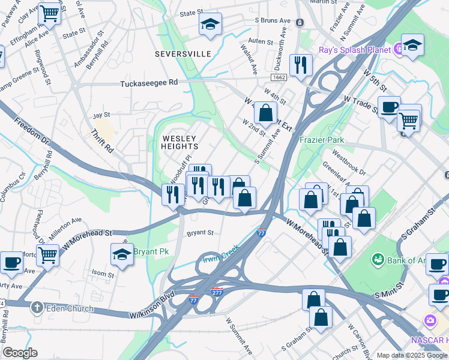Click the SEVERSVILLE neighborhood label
[x=183, y=54]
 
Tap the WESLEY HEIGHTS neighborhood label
[x=179, y=142]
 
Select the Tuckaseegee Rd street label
[x=149, y=83]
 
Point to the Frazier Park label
[x=322, y=140]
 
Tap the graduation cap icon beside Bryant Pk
[x=122, y=253]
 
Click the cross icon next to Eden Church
[x=37, y=308]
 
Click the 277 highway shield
[x=217, y=292]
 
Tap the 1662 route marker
[x=279, y=77]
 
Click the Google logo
[x=20, y=353]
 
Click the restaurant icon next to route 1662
[x=300, y=64]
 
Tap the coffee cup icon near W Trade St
[x=389, y=107]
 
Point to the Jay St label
[x=101, y=115]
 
